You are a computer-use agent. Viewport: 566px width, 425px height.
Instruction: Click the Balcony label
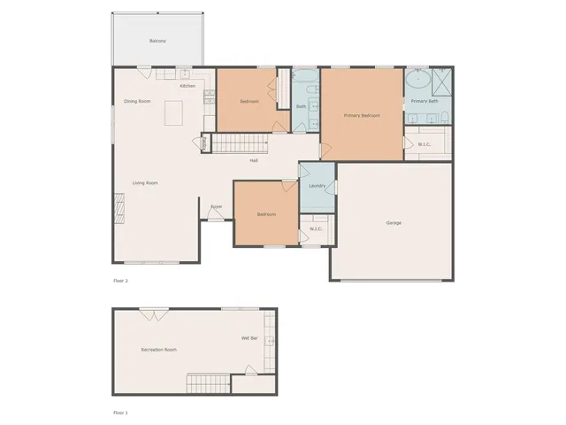(x=157, y=42)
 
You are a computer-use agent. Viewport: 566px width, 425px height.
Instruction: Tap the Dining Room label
(x=137, y=102)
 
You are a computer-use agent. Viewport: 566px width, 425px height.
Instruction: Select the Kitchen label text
(x=187, y=86)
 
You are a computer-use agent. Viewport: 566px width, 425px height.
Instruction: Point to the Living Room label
(x=145, y=183)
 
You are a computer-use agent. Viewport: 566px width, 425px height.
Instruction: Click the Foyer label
(x=216, y=207)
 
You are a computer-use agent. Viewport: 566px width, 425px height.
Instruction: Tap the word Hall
(x=254, y=161)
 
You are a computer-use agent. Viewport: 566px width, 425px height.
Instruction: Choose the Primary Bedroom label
(x=362, y=115)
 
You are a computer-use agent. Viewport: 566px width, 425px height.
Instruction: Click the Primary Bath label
(x=424, y=101)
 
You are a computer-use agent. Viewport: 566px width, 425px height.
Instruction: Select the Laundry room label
(x=317, y=186)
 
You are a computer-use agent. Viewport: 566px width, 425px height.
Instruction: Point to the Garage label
(x=394, y=222)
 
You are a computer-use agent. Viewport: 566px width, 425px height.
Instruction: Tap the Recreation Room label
(x=159, y=350)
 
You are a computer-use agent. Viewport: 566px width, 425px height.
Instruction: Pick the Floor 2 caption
(x=121, y=281)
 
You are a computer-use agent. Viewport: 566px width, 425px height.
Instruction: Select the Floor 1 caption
(x=121, y=413)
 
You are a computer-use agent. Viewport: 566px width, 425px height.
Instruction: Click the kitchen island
(x=173, y=113)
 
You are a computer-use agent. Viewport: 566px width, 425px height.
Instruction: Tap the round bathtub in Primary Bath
(x=418, y=83)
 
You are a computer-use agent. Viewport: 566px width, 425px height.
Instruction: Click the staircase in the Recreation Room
(x=208, y=384)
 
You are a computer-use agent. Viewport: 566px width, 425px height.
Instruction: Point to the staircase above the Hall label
(x=239, y=143)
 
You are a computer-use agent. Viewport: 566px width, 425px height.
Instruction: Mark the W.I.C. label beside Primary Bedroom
(x=424, y=144)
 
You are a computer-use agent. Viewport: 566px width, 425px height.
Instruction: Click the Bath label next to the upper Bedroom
(x=301, y=107)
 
